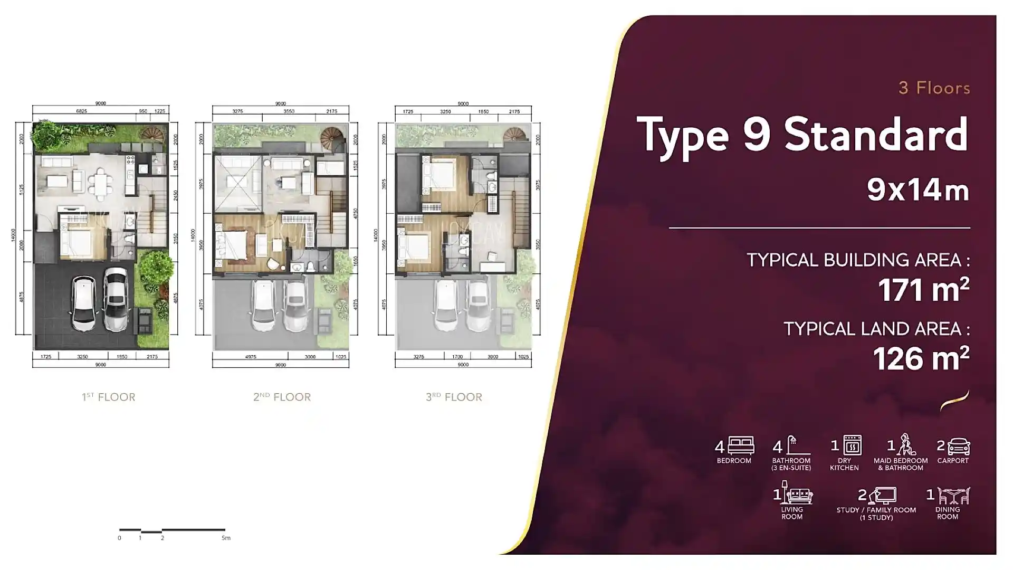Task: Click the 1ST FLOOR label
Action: (x=108, y=397)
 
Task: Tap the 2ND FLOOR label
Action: (x=282, y=397)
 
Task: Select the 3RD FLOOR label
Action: (x=454, y=397)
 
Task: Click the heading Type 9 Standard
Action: (x=802, y=135)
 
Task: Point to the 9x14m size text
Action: (x=918, y=189)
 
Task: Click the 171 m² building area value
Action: (x=923, y=289)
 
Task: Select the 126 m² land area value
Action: (x=921, y=358)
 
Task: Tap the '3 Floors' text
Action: (x=934, y=88)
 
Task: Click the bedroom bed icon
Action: (x=741, y=446)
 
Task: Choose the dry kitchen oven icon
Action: (x=852, y=445)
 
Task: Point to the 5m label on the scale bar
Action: (x=226, y=538)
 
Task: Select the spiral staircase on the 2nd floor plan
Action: (x=332, y=136)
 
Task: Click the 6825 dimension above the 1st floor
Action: (x=81, y=111)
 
